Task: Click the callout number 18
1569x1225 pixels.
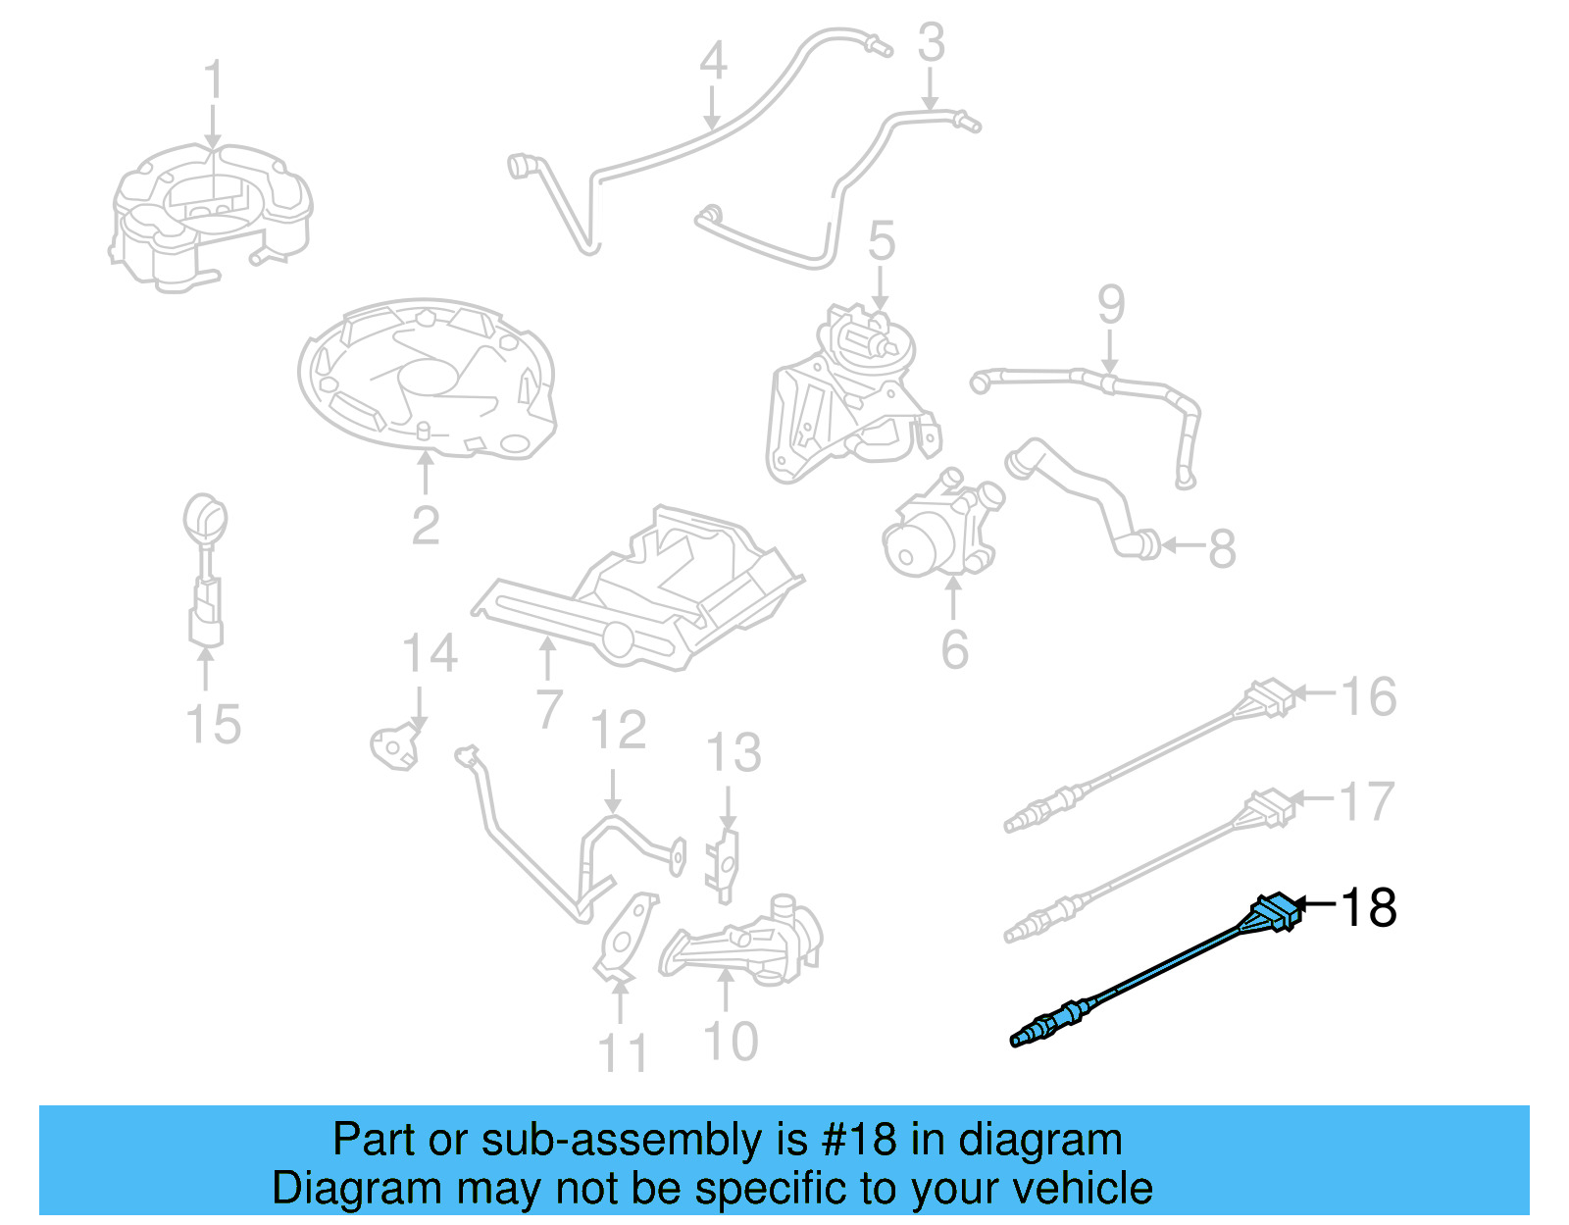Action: pyautogui.click(x=1368, y=907)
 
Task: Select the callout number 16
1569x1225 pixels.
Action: pyautogui.click(x=1368, y=697)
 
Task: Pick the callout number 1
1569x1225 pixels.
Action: pyautogui.click(x=213, y=80)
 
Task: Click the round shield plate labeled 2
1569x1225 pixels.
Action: pyautogui.click(x=427, y=378)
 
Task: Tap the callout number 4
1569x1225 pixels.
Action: pyautogui.click(x=713, y=61)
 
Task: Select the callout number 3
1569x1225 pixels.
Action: pyautogui.click(x=931, y=43)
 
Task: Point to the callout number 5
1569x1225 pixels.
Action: pyautogui.click(x=881, y=241)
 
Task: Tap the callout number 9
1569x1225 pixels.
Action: pyautogui.click(x=1110, y=305)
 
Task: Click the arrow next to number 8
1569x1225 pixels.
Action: pyautogui.click(x=1183, y=545)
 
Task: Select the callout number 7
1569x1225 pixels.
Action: pyautogui.click(x=549, y=709)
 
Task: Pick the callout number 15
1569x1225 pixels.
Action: pyautogui.click(x=213, y=725)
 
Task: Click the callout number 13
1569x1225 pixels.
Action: pyautogui.click(x=734, y=753)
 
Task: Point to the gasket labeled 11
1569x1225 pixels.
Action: pyautogui.click(x=626, y=937)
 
